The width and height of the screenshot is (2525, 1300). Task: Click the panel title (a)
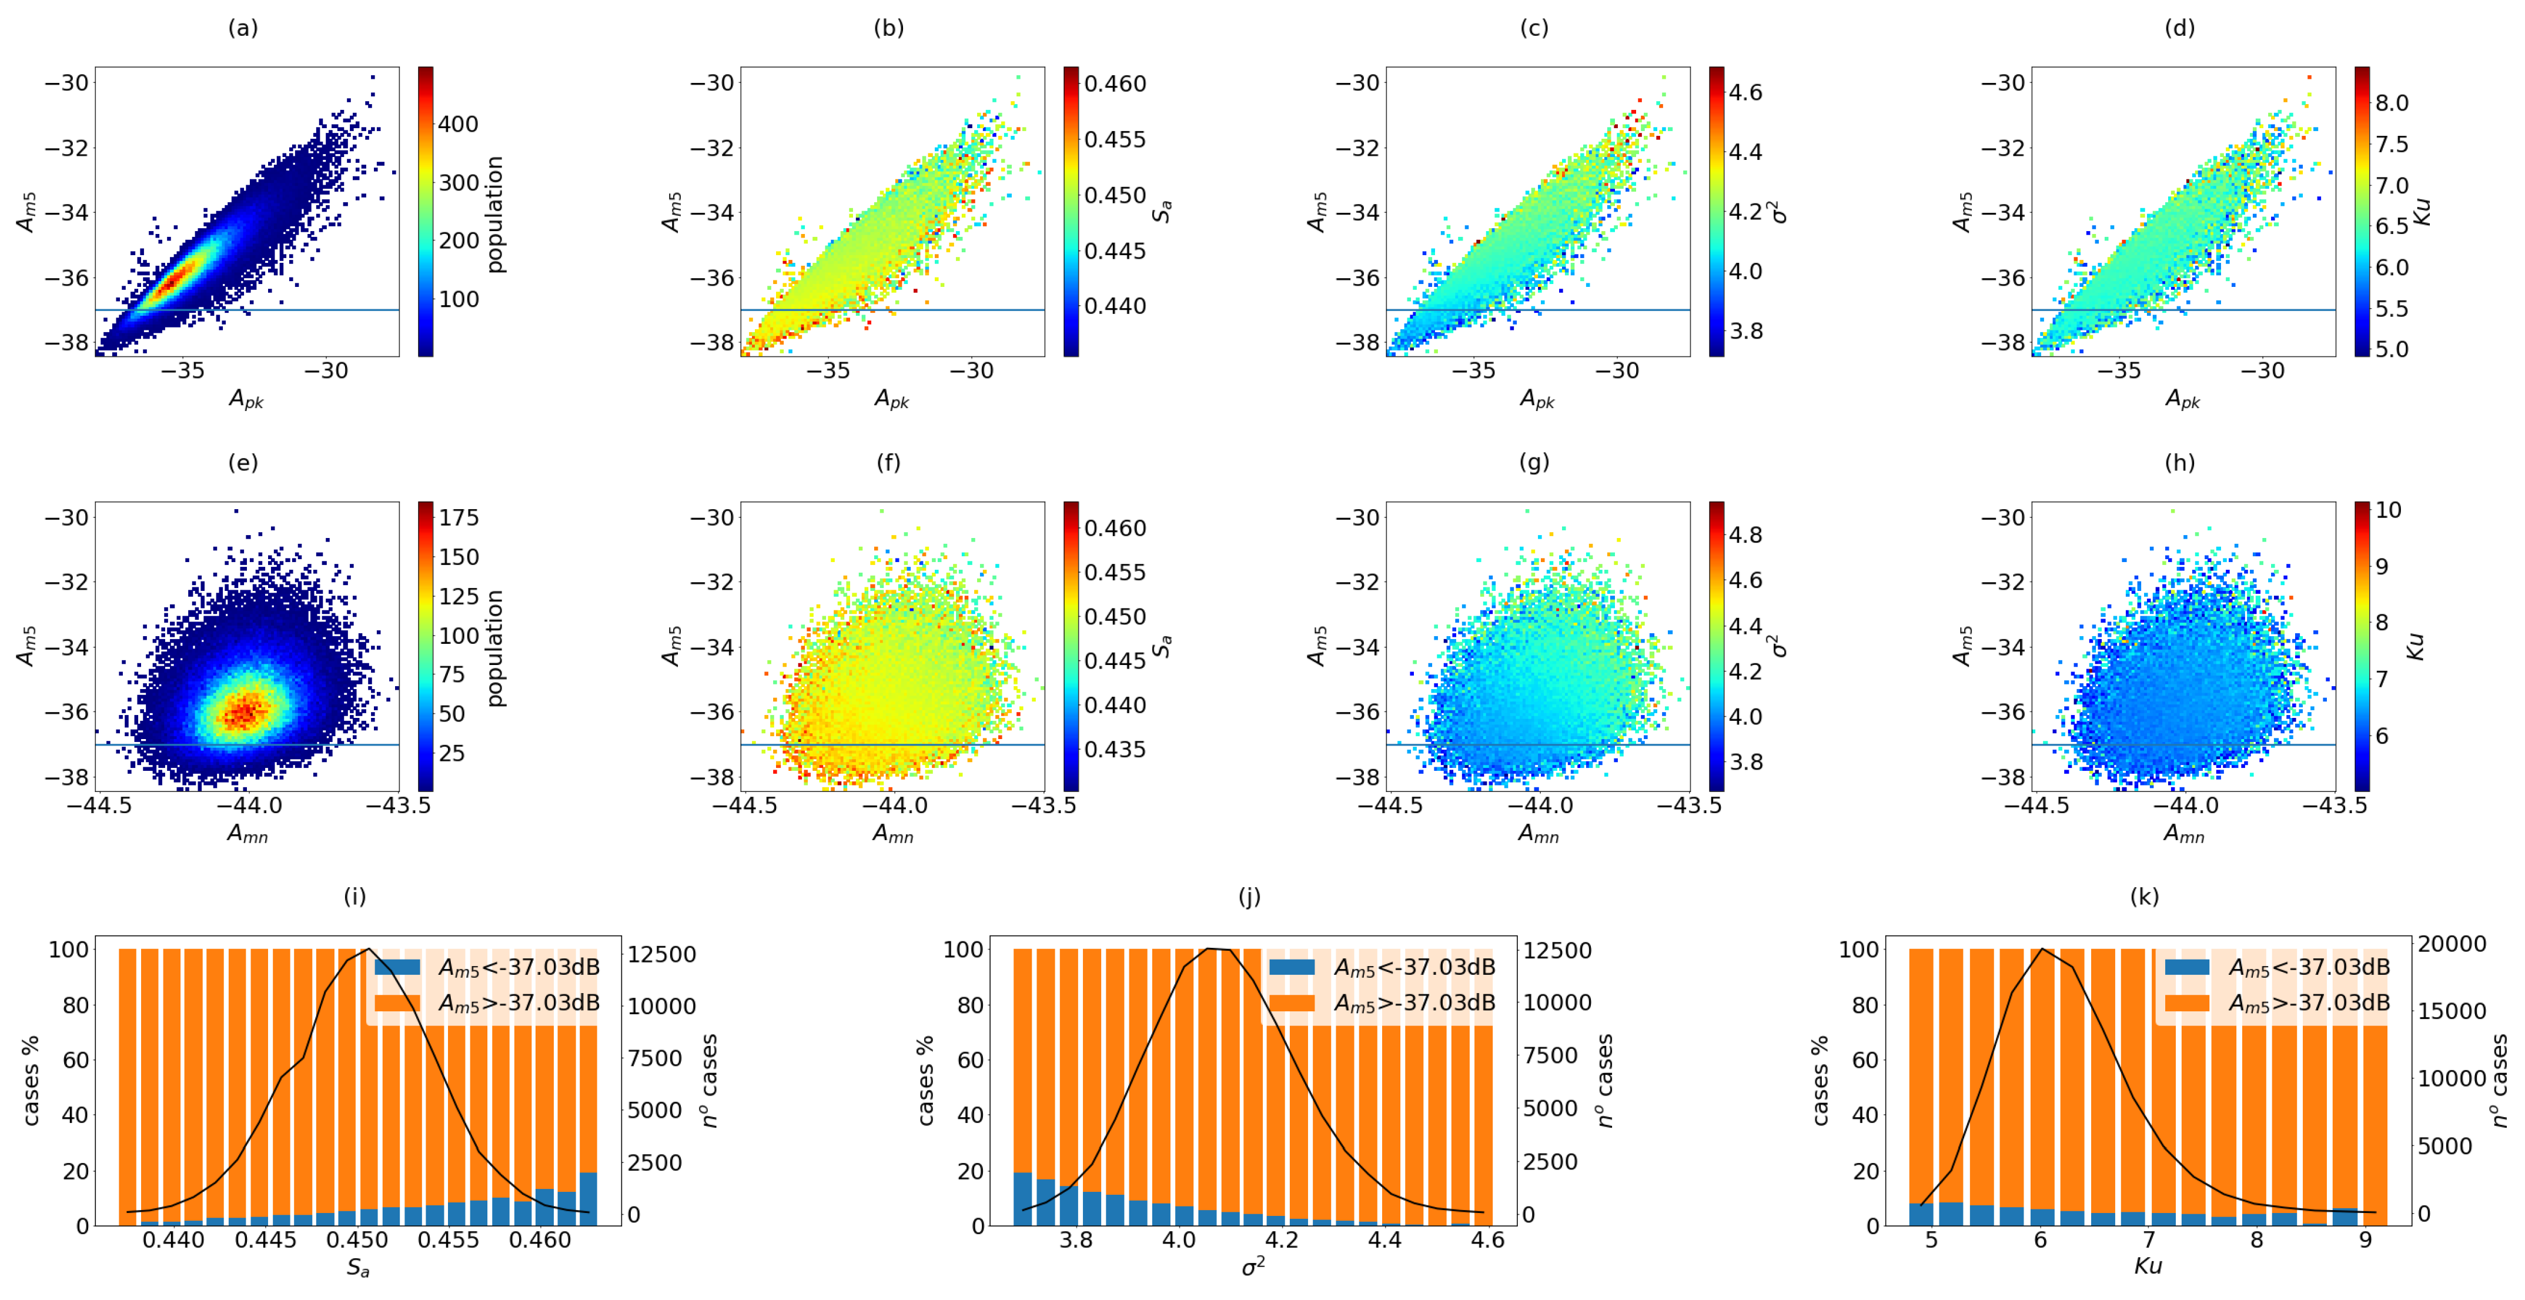243,28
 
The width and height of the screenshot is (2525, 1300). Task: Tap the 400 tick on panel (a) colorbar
458,125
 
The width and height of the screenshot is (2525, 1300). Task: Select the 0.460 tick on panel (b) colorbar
1115,84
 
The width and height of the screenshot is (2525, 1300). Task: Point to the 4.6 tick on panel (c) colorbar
1745,93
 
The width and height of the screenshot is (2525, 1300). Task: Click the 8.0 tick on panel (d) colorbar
2392,103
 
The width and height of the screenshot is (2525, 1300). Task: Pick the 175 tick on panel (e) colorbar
459,517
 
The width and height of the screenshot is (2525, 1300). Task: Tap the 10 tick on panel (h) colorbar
2389,510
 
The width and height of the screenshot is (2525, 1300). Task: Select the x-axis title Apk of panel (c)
1537,400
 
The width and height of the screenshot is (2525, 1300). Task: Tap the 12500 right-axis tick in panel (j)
1557,950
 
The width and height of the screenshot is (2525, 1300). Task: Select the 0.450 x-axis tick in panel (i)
358,1240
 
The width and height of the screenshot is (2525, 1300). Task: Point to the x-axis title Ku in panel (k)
2148,1266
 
